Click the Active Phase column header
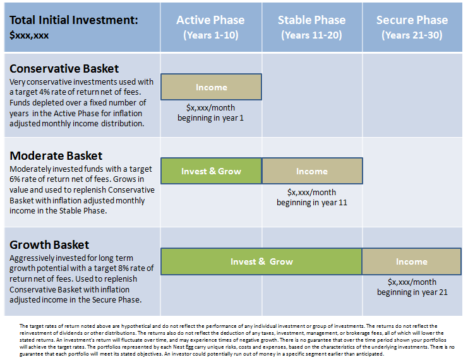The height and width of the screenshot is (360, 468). pyautogui.click(x=210, y=20)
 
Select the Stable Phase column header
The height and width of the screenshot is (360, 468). pyautogui.click(x=311, y=20)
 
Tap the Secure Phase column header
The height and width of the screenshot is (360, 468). pyautogui.click(x=412, y=20)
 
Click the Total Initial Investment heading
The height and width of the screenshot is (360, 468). pyautogui.click(x=74, y=20)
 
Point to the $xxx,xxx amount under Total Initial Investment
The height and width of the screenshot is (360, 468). pyautogui.click(x=29, y=35)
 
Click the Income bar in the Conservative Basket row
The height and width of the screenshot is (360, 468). pyautogui.click(x=211, y=87)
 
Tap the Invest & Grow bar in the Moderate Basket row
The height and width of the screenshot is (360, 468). pyautogui.click(x=211, y=171)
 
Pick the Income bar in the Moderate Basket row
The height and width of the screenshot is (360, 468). pyautogui.click(x=312, y=171)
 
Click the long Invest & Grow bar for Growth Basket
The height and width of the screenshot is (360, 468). pyautogui.click(x=261, y=261)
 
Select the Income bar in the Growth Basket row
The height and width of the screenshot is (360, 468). pyautogui.click(x=412, y=261)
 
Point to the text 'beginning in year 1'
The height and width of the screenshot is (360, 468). pyautogui.click(x=210, y=118)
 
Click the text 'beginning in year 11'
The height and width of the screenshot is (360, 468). pyautogui.click(x=312, y=203)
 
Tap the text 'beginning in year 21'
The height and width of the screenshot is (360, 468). pyautogui.click(x=412, y=292)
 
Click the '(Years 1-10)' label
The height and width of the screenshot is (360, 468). pyautogui.click(x=210, y=35)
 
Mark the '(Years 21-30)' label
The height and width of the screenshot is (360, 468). pyautogui.click(x=412, y=35)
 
